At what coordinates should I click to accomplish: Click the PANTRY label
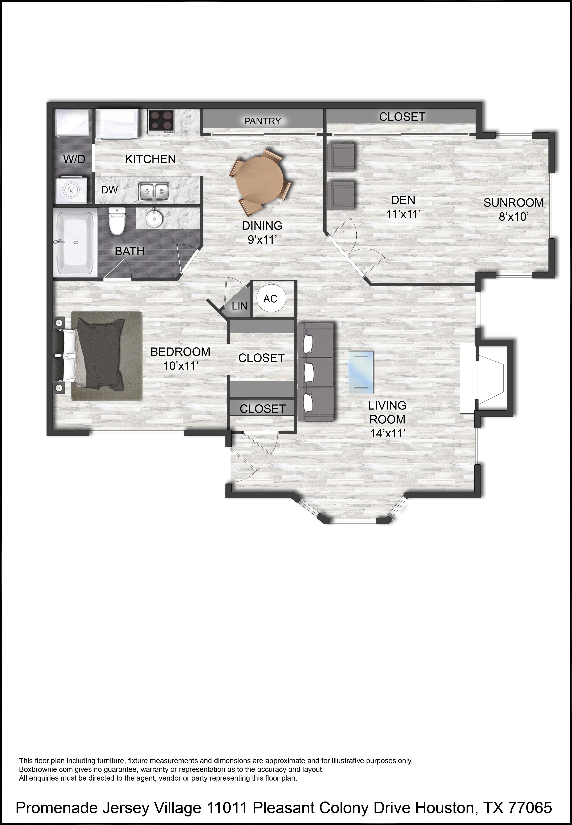(x=262, y=121)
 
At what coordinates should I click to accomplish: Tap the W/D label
(x=74, y=159)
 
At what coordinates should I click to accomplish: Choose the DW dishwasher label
(x=109, y=190)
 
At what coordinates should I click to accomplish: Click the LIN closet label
(x=239, y=306)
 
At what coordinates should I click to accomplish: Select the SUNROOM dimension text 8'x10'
(x=514, y=216)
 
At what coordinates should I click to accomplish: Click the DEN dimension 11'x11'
(x=403, y=214)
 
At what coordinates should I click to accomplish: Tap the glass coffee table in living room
(x=361, y=372)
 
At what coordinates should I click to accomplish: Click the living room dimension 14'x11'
(x=387, y=433)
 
